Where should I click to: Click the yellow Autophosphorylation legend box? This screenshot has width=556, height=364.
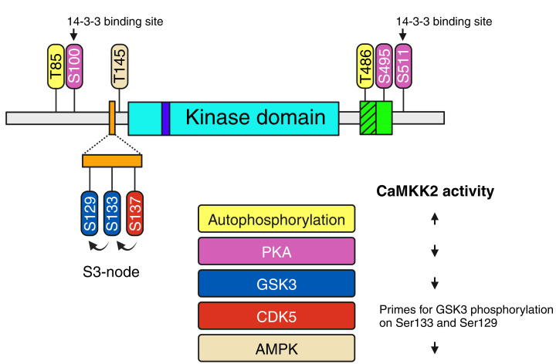point(276,220)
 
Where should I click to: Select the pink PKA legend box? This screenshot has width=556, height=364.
point(276,251)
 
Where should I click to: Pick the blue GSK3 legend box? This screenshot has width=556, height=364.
point(276,284)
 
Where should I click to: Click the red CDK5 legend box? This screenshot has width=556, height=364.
point(276,316)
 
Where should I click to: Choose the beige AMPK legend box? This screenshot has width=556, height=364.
point(276,348)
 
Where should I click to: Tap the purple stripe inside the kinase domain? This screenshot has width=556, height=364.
point(165,119)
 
